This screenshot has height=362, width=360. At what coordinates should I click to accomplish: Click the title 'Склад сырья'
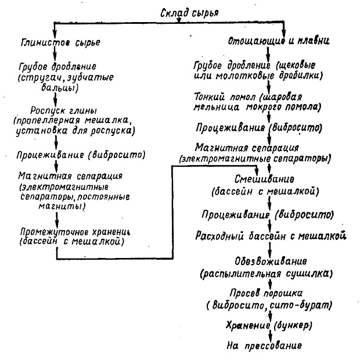(189, 13)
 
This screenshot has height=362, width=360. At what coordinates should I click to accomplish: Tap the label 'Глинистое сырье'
(60, 43)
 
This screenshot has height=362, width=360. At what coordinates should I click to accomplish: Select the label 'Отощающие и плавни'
(279, 41)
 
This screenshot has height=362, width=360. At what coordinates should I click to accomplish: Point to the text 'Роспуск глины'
(64, 110)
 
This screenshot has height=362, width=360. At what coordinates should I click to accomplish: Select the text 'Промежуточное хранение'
(75, 232)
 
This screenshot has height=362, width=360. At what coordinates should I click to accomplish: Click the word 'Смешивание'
(264, 179)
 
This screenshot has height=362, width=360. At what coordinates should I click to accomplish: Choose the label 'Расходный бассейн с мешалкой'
(271, 236)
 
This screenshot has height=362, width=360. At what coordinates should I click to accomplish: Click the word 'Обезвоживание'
(271, 261)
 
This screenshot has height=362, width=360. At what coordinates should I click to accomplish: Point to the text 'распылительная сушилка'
(267, 274)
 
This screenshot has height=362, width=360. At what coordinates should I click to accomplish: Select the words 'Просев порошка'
(266, 293)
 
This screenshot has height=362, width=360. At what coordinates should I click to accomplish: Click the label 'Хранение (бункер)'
(269, 325)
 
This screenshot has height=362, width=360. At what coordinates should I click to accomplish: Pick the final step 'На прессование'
(264, 346)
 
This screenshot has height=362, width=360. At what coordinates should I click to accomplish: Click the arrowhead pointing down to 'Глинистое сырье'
(54, 33)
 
